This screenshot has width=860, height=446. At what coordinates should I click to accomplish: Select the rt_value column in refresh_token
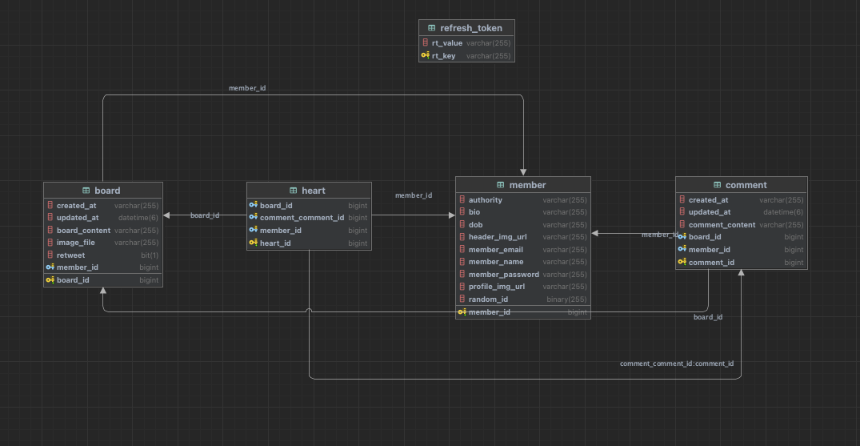pos(447,43)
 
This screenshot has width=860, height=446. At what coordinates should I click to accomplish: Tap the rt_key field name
pos(443,56)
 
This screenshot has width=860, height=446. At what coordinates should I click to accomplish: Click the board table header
pos(106,191)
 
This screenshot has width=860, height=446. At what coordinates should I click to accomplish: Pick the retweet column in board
pos(70,255)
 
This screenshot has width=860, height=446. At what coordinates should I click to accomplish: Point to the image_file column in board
pos(75,243)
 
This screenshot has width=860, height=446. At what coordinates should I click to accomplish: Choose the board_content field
pos(83,231)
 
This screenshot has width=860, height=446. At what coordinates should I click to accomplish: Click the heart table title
pos(313,191)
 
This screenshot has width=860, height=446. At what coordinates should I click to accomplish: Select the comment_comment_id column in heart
pos(302,218)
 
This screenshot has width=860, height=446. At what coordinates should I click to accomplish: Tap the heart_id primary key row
pos(275,243)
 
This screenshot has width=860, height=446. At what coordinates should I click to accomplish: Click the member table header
pos(526,185)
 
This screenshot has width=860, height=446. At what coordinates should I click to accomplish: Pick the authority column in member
pos(486,200)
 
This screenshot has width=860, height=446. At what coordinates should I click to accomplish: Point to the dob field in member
pos(475,225)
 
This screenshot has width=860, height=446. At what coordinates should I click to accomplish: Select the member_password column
pos(503,275)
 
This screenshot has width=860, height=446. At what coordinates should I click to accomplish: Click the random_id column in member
pos(488,299)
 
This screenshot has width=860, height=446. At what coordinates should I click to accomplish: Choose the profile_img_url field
pos(496,287)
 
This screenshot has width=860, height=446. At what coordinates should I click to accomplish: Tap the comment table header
pos(746,185)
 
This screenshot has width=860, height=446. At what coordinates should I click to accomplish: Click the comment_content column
pos(722,225)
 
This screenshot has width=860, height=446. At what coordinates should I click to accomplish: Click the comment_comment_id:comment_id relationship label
pos(677,364)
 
